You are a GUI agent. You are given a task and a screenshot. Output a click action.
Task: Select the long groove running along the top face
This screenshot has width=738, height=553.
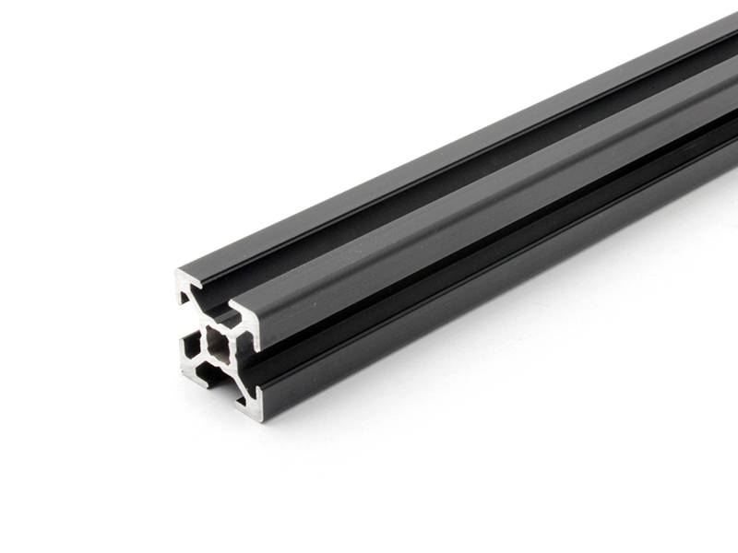pos(461,175)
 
